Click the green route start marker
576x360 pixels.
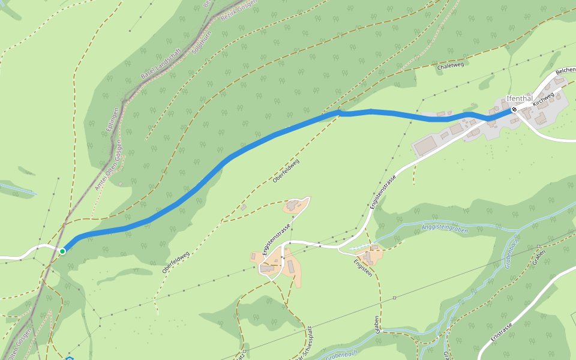point(62,251)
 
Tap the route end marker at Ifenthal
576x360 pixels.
point(514,110)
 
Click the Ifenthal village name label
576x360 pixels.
point(520,98)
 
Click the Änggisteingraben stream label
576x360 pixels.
point(444,229)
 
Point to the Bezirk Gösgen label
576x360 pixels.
point(239,11)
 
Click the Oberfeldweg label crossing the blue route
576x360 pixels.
point(286,171)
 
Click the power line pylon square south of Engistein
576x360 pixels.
point(395,298)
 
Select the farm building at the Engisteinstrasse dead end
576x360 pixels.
point(292,206)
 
